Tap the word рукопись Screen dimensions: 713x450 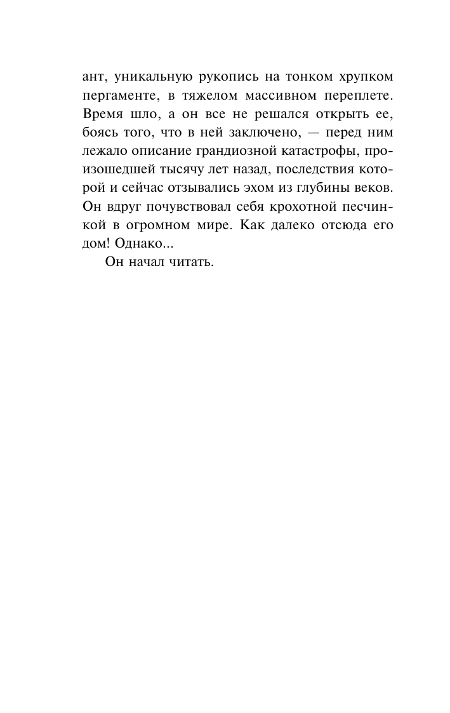pyautogui.click(x=228, y=77)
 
